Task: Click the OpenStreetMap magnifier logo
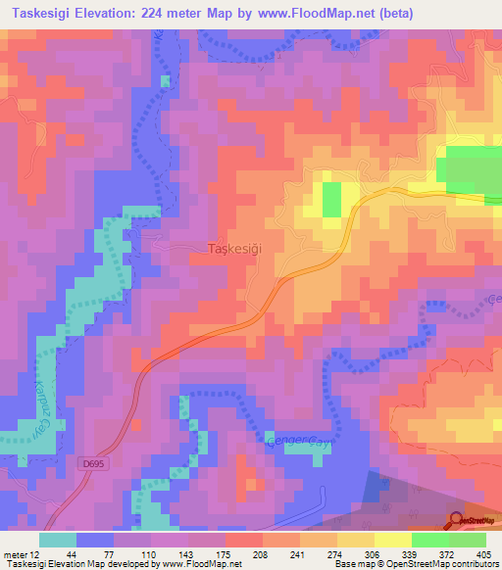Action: pyautogui.click(x=457, y=521)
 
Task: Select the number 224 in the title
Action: pyautogui.click(x=165, y=14)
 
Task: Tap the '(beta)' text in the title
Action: pyautogui.click(x=389, y=14)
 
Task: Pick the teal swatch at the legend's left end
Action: pyautogui.click(x=58, y=540)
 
